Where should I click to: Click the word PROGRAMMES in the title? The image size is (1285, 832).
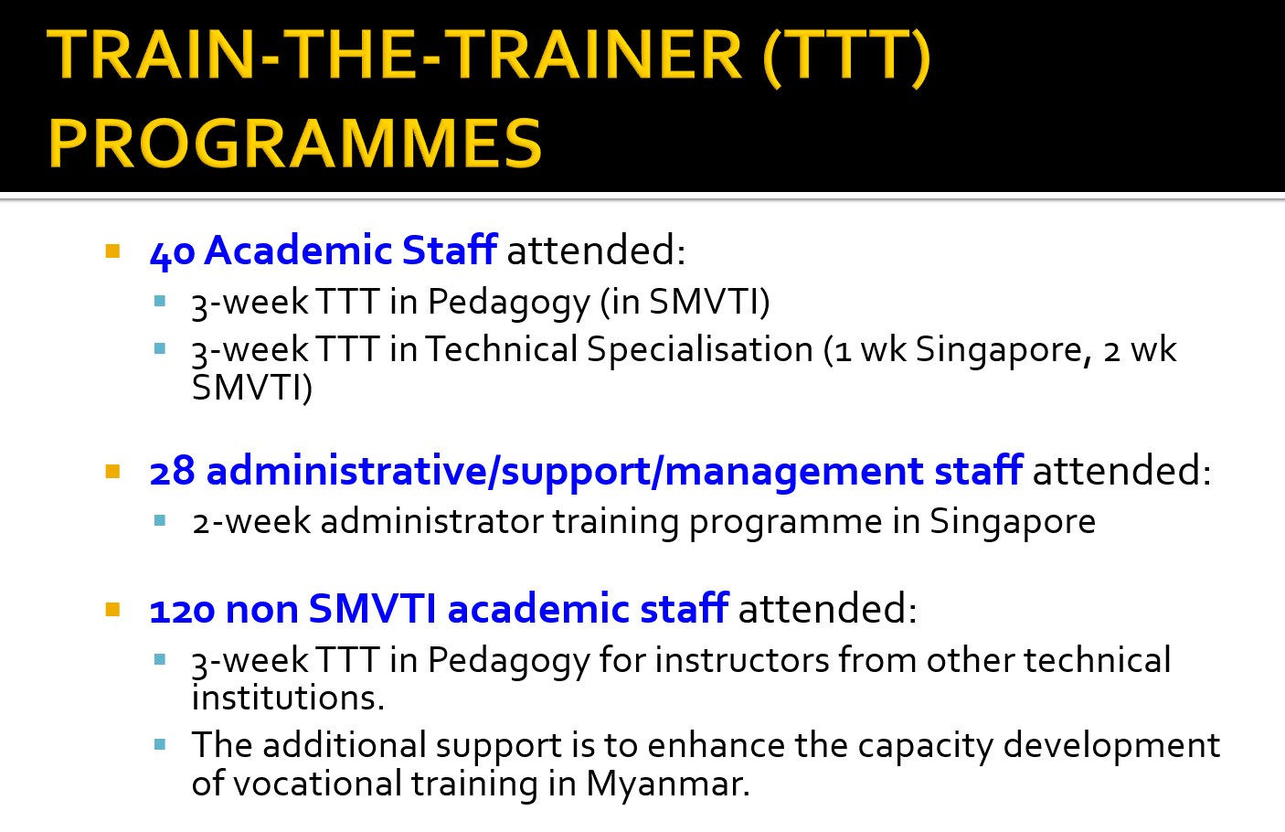295,143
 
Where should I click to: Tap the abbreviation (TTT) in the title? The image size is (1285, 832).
847,56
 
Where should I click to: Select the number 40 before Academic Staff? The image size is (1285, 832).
172,252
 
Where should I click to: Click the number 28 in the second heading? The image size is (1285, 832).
172,472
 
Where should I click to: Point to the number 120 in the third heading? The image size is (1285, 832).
183,610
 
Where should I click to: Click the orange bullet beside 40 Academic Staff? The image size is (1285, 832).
112,251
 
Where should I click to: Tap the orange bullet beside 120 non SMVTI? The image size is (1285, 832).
112,609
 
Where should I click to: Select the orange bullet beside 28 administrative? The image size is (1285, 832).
112,472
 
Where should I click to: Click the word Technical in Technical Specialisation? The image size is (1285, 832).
502,349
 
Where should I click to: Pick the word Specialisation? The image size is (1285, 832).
700,350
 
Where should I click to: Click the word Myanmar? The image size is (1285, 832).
668,784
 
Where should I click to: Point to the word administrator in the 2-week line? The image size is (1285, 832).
431,521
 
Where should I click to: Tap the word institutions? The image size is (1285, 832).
288,698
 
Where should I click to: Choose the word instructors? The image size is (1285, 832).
742,660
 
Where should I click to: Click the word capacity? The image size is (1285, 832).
925,747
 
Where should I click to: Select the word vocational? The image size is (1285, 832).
318,784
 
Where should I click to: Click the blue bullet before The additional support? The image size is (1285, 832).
160,745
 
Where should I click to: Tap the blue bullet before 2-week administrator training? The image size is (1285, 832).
160,520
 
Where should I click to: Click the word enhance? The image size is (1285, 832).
716,745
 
